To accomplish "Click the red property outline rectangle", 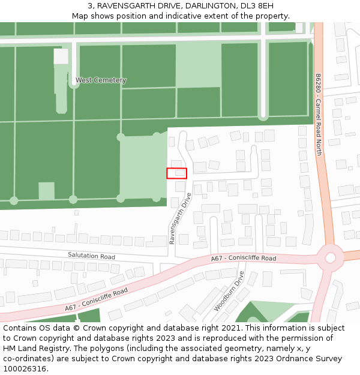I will pyautogui.click(x=176, y=173).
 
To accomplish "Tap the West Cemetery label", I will pyautogui.click(x=101, y=80).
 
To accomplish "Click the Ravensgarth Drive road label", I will pyautogui.click(x=180, y=218).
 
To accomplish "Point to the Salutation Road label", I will pyautogui.click(x=91, y=256).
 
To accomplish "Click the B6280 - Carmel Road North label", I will pyautogui.click(x=319, y=115).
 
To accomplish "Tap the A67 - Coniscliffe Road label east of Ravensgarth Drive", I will pyautogui.click(x=244, y=258).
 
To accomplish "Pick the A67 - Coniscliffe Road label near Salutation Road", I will pyautogui.click(x=97, y=299).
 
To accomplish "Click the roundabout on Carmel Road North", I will pyautogui.click(x=330, y=257).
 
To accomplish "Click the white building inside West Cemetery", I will pyautogui.click(x=61, y=56).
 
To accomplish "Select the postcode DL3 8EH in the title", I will pyautogui.click(x=257, y=6).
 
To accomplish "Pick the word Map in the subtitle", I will pyautogui.click(x=80, y=16).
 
